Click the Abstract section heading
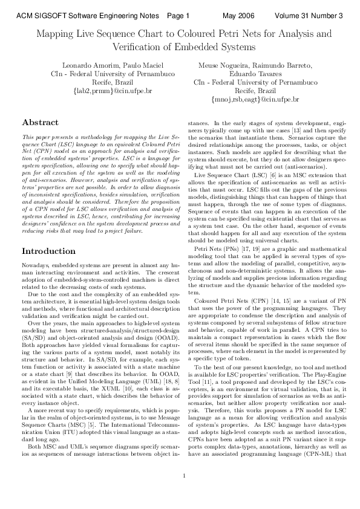40,122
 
